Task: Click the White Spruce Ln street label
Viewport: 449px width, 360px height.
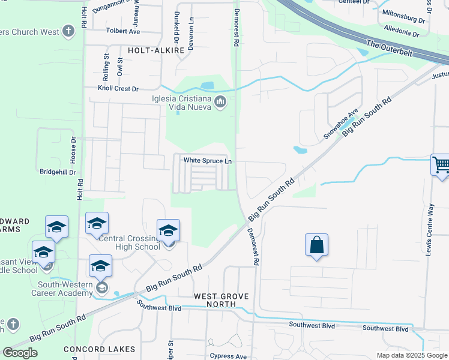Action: [207, 160]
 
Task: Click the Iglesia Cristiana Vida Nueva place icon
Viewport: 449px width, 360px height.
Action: [220, 103]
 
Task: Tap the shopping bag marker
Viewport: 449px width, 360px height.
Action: [316, 245]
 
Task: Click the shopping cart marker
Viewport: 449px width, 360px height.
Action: [441, 164]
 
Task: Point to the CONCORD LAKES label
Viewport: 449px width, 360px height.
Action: [101, 349]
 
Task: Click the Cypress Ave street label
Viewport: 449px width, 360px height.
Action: [228, 356]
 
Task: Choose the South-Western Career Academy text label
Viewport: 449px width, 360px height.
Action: [65, 289]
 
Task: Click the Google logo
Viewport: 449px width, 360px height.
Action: [20, 353]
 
